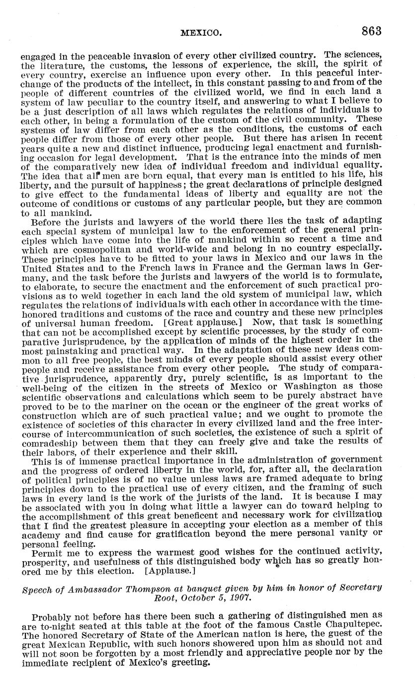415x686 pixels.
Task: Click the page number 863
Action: coord(371,31)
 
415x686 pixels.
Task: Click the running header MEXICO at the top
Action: coord(200,33)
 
